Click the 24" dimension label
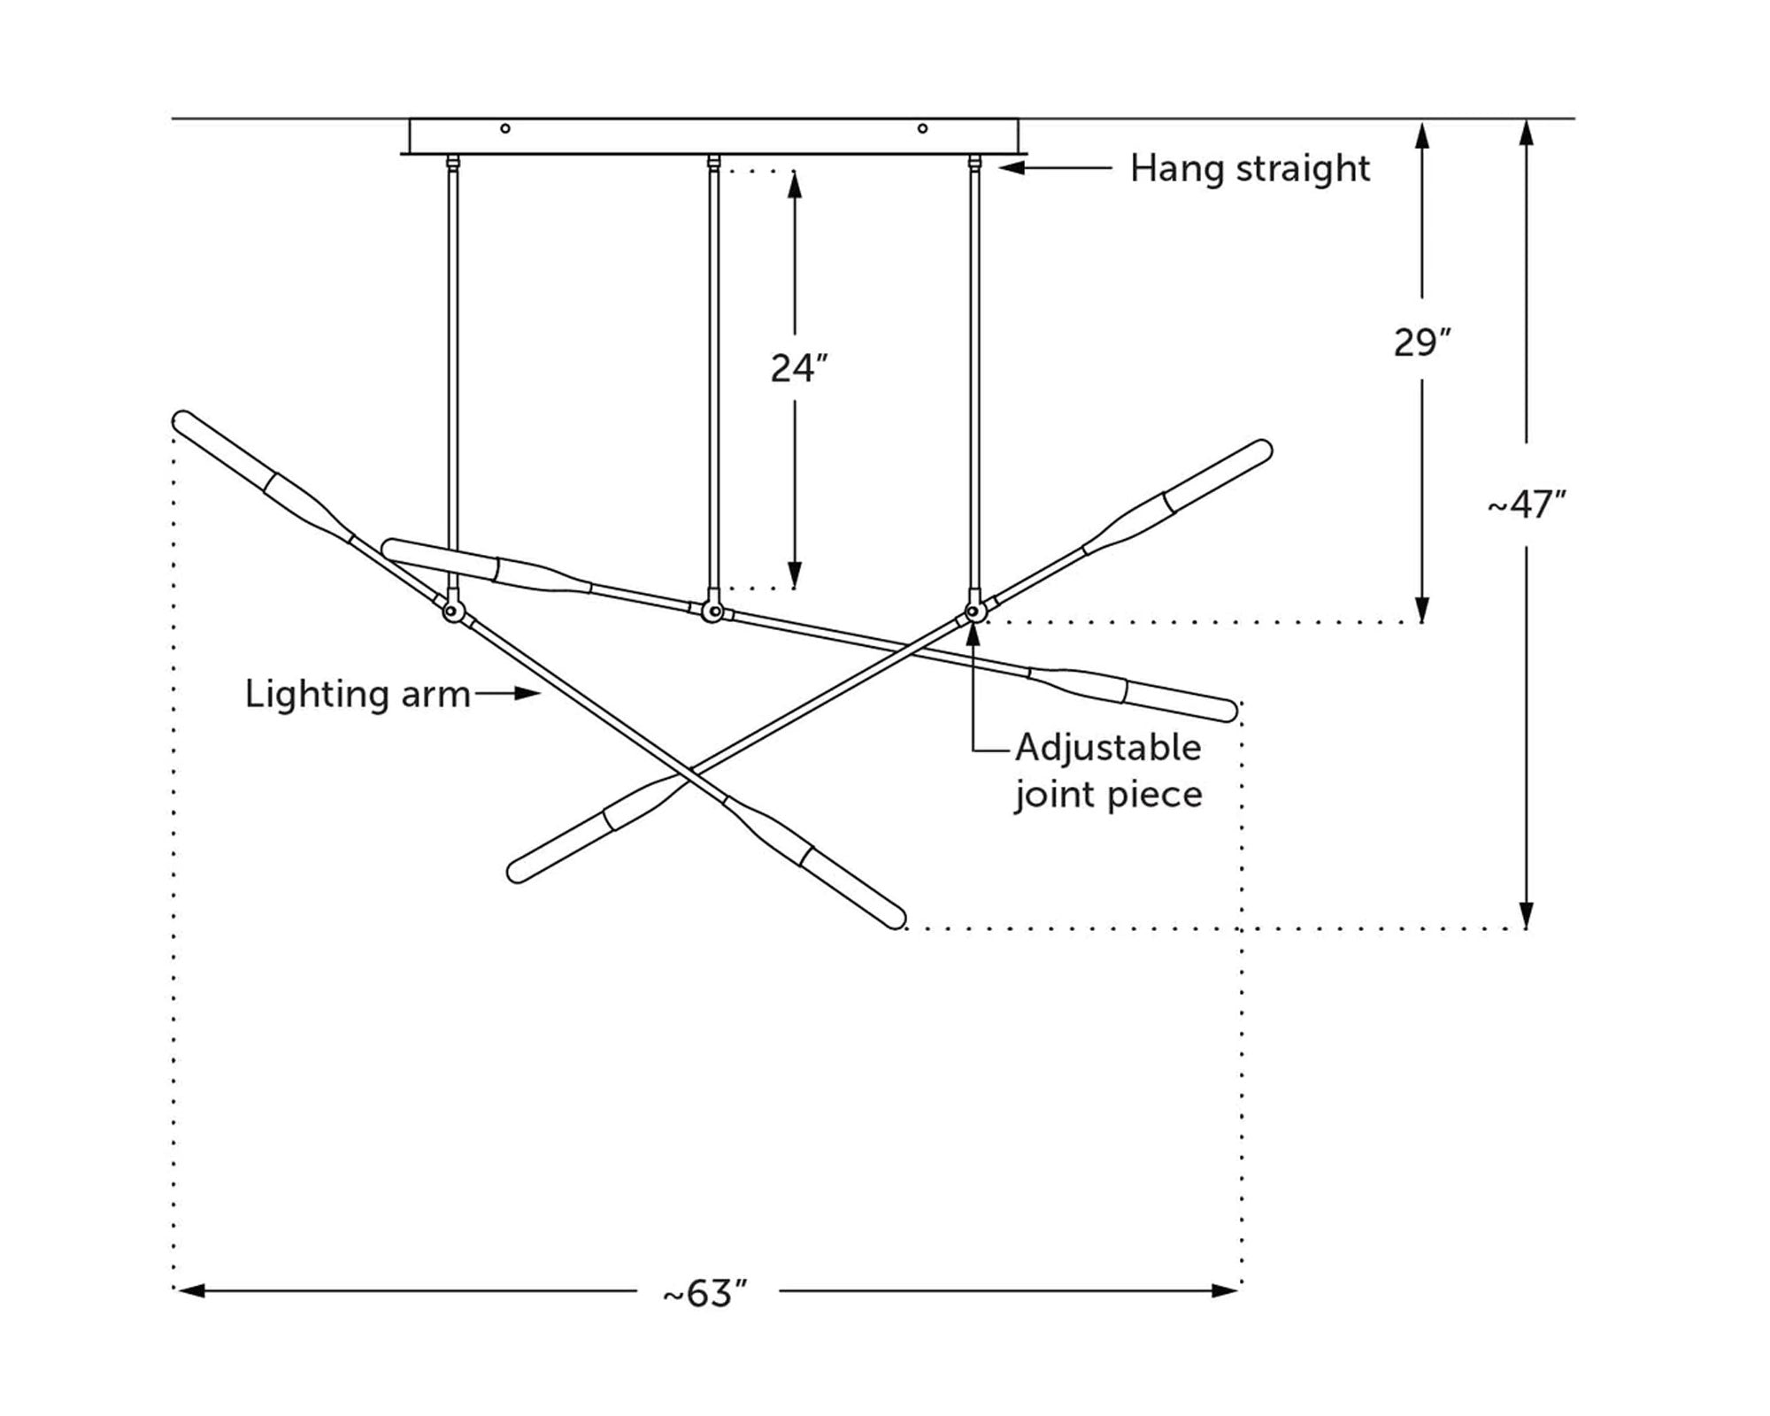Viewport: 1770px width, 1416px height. coord(798,368)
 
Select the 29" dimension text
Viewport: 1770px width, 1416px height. coord(1422,342)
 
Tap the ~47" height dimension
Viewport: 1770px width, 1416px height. coord(1526,504)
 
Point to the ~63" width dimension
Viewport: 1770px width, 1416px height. coord(705,1294)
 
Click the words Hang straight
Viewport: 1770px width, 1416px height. coord(1250,168)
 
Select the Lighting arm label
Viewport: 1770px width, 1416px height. coord(358,694)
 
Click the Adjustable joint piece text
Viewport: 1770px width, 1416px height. coord(1108,771)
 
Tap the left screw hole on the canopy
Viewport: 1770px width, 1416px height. coord(505,128)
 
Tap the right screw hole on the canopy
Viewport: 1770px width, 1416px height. coord(922,128)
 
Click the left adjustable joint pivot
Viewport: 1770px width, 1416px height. coord(452,611)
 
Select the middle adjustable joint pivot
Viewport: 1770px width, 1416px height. coord(711,611)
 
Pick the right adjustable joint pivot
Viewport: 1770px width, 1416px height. coord(973,611)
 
